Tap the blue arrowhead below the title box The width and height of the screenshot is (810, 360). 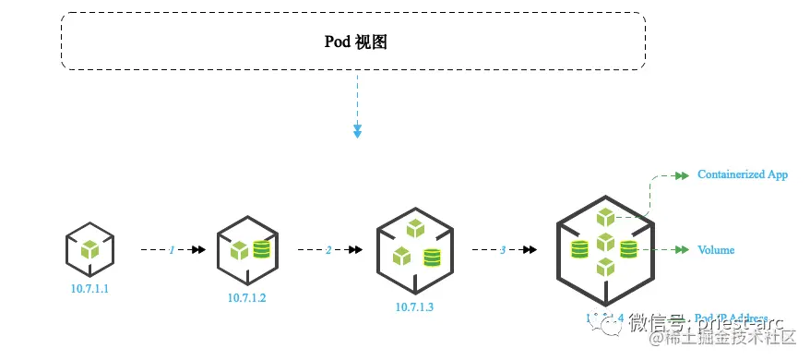click(357, 133)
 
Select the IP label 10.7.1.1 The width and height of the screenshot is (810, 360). click(89, 289)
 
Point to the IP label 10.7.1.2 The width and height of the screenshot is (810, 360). click(247, 297)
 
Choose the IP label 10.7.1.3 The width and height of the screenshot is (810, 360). click(414, 306)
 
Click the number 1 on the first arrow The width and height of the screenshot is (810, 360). click(172, 249)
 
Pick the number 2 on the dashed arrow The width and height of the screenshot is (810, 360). click(328, 249)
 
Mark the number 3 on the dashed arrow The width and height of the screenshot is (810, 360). click(503, 249)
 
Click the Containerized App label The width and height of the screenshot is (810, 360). click(742, 174)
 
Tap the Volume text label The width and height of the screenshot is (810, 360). click(716, 249)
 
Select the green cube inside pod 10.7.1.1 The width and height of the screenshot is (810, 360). click(89, 249)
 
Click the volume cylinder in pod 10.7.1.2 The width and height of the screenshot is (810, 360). click(261, 249)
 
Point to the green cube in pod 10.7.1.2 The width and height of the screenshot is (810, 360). click(239, 249)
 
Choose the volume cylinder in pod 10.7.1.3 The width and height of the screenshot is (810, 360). click(431, 258)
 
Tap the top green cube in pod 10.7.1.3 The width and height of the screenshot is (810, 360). click(415, 228)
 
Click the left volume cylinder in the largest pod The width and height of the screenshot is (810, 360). click(579, 249)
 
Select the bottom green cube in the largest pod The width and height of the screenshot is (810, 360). click(604, 267)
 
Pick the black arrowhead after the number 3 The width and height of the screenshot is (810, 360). click(530, 249)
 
